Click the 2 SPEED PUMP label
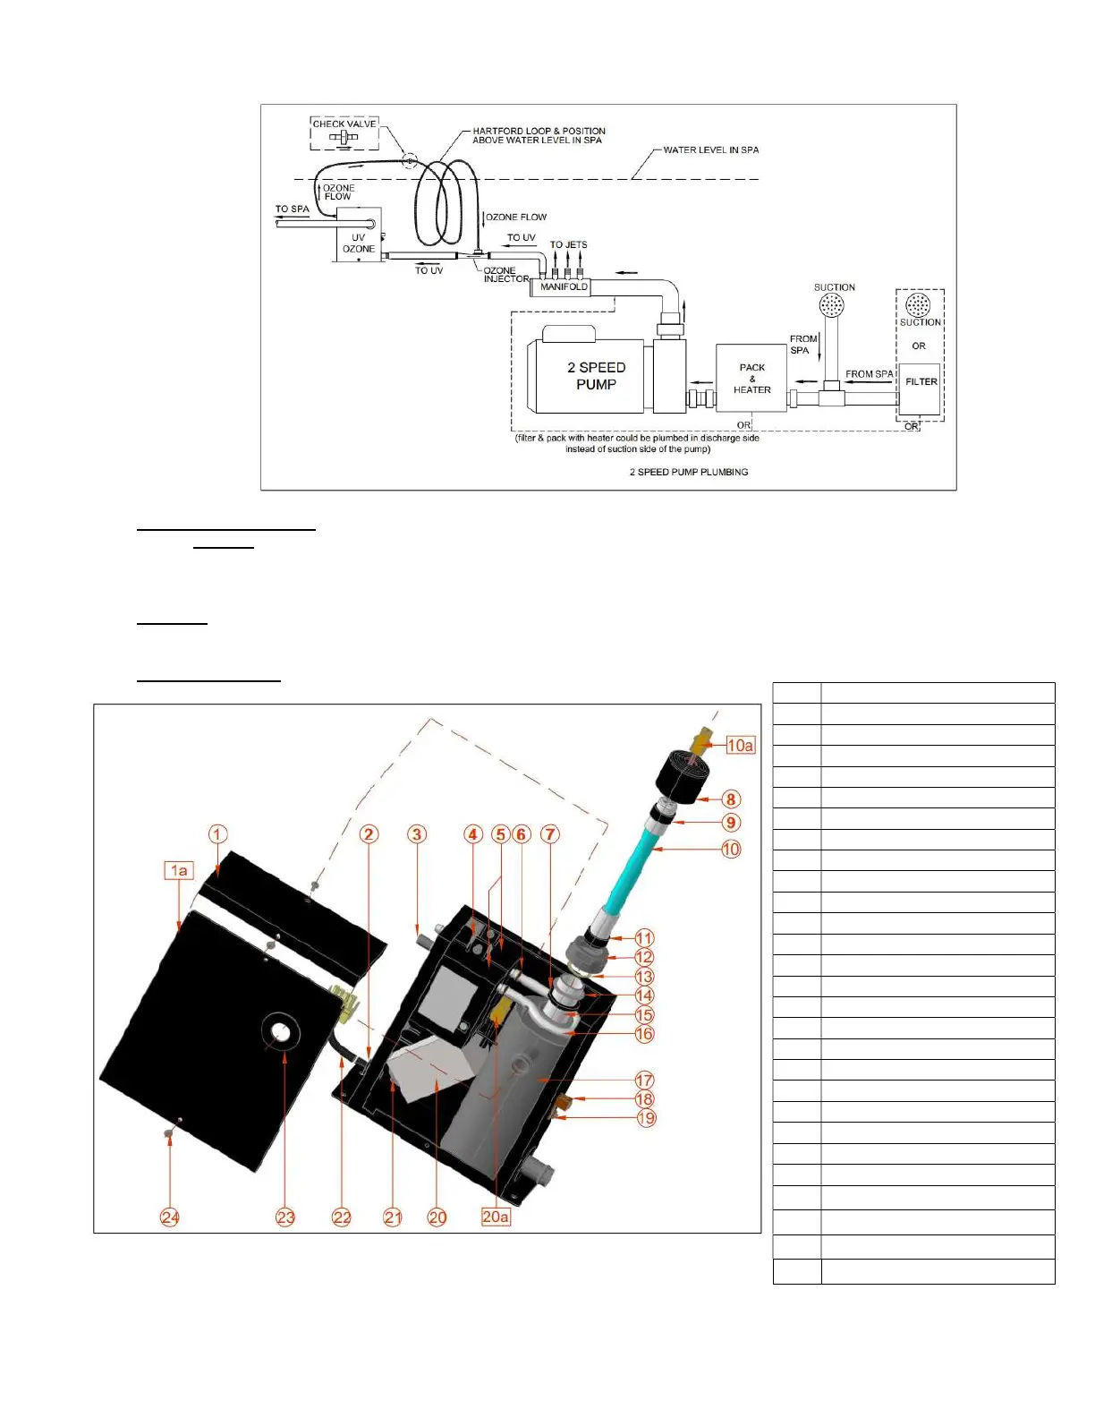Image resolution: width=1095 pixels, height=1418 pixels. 596,376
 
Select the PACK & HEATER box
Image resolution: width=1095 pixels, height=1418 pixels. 751,379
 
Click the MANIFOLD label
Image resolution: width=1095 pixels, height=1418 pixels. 564,287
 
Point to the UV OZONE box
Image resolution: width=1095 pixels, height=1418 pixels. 358,235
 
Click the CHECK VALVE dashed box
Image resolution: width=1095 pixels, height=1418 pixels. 344,132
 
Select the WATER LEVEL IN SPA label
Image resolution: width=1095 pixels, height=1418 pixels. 710,150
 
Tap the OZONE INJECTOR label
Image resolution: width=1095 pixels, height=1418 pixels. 505,275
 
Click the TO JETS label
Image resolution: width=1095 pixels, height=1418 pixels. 568,244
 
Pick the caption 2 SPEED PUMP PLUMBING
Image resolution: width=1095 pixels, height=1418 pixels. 688,472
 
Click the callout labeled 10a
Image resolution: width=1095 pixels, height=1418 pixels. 740,745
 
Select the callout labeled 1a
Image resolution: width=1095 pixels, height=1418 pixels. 179,870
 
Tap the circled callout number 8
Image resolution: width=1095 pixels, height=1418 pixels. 731,799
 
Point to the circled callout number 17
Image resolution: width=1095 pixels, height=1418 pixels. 644,1081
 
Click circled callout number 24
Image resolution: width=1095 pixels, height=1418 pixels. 170,1217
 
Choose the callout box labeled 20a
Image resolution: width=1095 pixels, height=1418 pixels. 496,1217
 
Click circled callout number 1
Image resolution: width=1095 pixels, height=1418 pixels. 218,834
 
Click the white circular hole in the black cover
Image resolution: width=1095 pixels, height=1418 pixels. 282,1032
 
